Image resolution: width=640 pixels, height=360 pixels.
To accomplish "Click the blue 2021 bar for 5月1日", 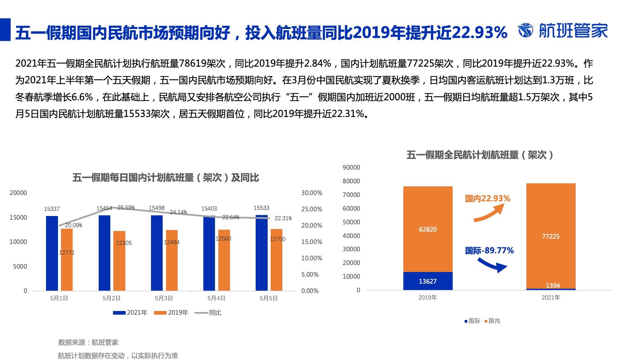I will click(x=52, y=253).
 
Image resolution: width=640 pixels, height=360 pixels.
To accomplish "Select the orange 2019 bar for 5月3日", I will click(x=172, y=260).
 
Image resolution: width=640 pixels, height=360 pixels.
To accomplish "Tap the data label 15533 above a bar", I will click(x=261, y=208).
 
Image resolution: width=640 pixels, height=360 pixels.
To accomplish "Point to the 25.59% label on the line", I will click(x=126, y=208).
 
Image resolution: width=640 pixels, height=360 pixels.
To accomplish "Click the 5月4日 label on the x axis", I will click(x=216, y=298).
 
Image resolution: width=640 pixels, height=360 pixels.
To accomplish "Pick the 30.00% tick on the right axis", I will click(x=312, y=193).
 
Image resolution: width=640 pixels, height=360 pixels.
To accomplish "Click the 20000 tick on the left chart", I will click(x=18, y=193).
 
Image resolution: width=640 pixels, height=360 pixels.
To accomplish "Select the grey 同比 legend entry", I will click(x=208, y=313).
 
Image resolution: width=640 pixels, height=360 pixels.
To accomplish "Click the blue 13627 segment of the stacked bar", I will click(x=428, y=281).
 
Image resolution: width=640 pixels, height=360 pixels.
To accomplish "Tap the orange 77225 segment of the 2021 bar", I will click(x=551, y=236).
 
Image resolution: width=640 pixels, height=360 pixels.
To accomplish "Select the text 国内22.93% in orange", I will click(x=488, y=199).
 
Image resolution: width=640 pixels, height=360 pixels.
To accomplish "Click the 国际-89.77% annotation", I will click(x=489, y=251).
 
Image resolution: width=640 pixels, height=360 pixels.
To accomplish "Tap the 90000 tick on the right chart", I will click(x=351, y=168).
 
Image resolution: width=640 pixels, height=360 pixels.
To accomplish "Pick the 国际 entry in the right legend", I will click(x=472, y=321).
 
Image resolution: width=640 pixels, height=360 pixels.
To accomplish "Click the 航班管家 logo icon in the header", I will click(x=526, y=31).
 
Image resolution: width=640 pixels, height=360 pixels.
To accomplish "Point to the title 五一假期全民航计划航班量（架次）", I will click(x=480, y=155).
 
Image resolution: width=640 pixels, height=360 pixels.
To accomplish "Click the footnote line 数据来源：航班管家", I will click(x=88, y=342).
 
